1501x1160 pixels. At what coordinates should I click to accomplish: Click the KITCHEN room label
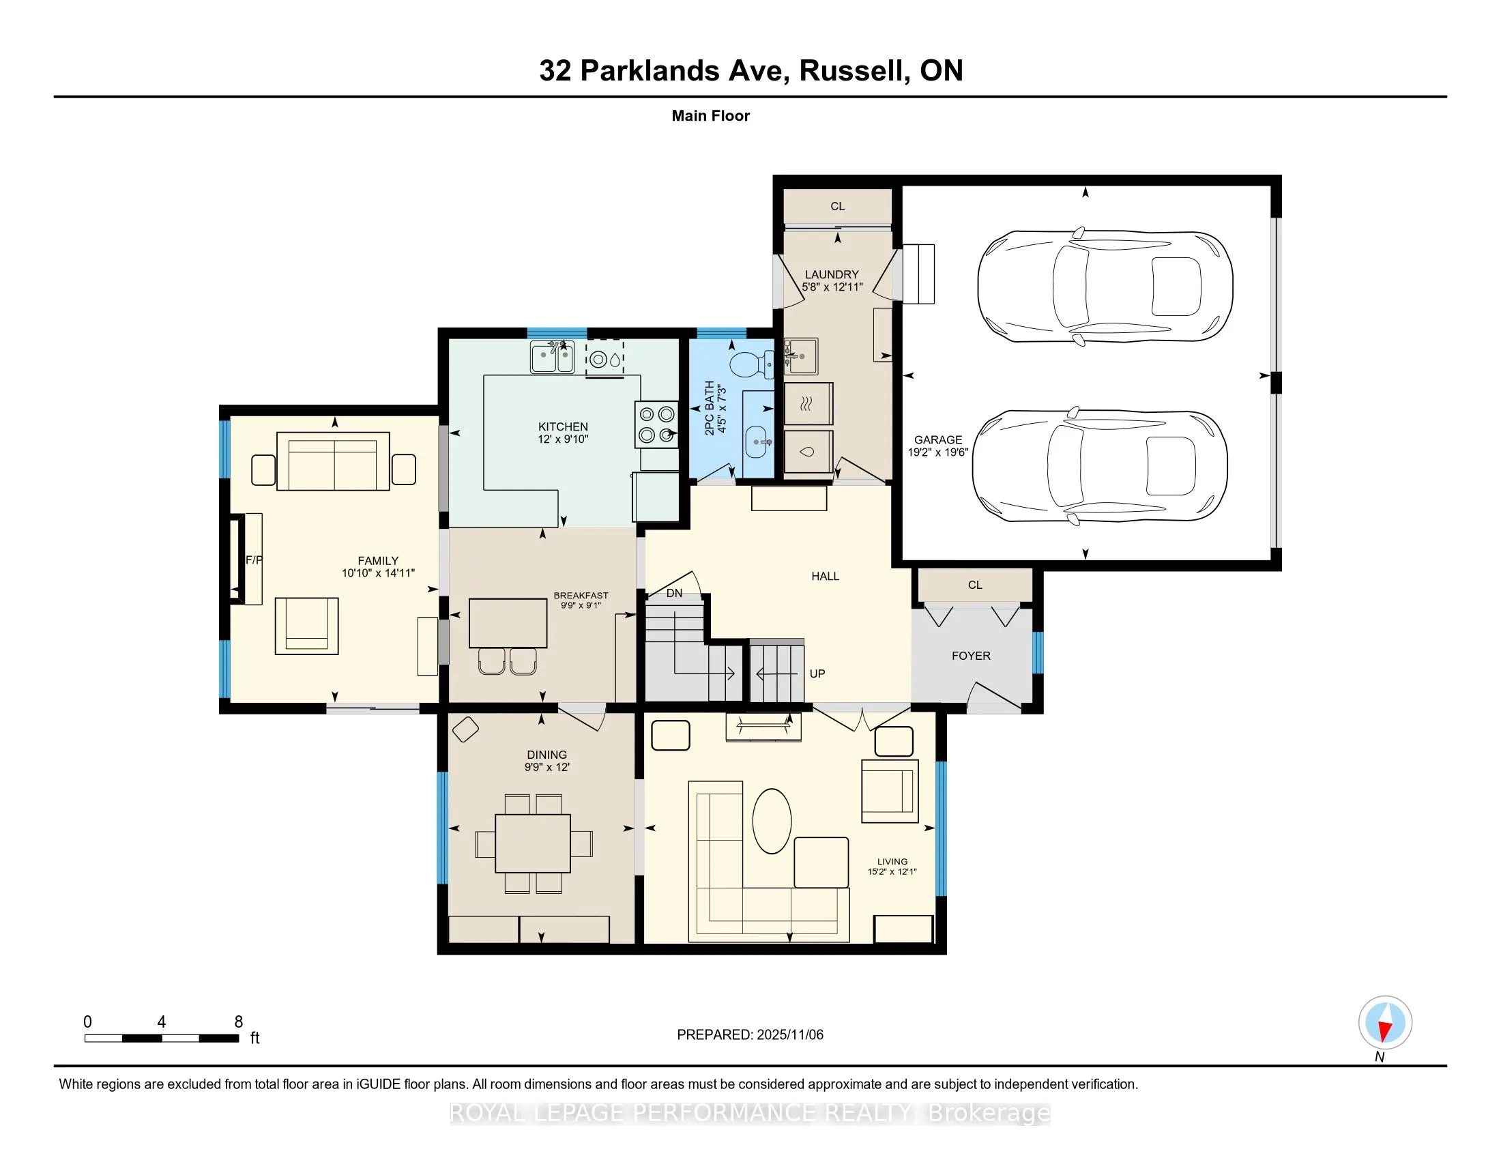(563, 426)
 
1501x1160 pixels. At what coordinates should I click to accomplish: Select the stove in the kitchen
(656, 424)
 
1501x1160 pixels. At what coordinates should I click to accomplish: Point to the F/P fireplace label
(254, 560)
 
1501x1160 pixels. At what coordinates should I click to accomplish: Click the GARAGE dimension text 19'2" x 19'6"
(937, 452)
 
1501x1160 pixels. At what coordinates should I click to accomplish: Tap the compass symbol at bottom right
(1385, 1022)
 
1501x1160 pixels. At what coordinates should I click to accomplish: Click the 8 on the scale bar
(239, 1021)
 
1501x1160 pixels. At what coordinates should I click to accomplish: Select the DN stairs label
(674, 593)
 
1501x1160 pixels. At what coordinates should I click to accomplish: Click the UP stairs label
(817, 673)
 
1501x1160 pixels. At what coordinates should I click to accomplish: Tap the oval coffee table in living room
(772, 820)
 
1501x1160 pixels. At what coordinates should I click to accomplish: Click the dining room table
(533, 843)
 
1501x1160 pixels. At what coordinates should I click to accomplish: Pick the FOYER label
(970, 656)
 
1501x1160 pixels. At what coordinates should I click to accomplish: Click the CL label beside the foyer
(974, 585)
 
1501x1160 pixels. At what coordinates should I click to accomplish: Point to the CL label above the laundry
(837, 206)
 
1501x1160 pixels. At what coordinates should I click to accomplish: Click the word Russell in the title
(851, 71)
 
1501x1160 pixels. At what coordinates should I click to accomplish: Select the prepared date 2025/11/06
(789, 1035)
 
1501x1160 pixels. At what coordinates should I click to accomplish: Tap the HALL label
(825, 576)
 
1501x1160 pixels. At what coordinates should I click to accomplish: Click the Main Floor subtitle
(710, 115)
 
